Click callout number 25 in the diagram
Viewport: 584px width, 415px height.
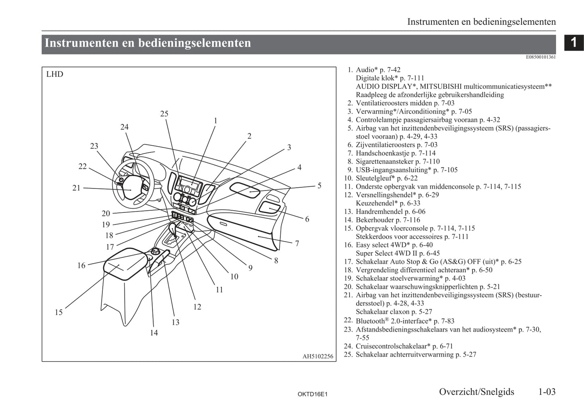164,114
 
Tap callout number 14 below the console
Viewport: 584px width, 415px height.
154,333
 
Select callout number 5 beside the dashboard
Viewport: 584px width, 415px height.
319,186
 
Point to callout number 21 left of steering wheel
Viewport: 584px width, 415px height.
76,188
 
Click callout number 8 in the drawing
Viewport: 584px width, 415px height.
276,260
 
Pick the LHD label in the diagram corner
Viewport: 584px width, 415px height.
55,74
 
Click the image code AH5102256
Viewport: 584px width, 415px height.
318,356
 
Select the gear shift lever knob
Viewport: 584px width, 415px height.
173,227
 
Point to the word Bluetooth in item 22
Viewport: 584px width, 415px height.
370,321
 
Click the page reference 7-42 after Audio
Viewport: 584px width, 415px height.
393,70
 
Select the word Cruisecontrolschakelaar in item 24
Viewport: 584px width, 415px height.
392,346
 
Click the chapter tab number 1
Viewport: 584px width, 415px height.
573,42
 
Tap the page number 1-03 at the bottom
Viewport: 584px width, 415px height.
547,392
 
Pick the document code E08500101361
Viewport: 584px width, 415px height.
541,57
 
